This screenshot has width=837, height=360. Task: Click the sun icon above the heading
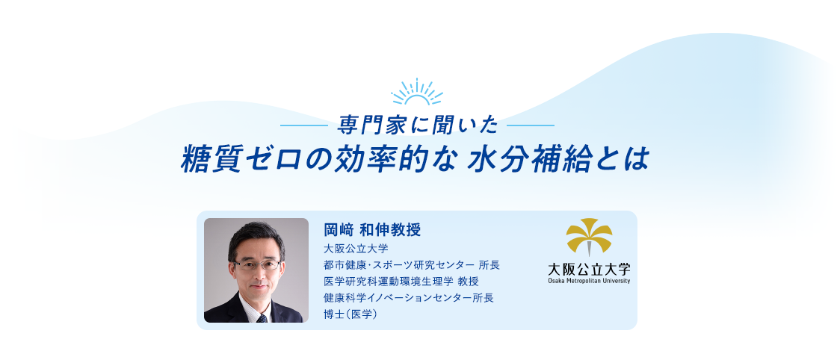click(417, 93)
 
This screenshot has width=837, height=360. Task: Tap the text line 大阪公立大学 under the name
click(350, 248)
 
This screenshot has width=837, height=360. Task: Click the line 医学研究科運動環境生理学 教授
click(401, 281)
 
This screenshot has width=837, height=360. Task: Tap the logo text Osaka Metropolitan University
click(589, 281)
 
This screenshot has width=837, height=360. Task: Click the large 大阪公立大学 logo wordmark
click(589, 269)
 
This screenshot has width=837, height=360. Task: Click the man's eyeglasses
click(256, 264)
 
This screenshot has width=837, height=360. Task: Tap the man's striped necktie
click(262, 317)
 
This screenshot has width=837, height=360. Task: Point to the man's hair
click(256, 235)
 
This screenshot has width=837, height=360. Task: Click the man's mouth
click(258, 287)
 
